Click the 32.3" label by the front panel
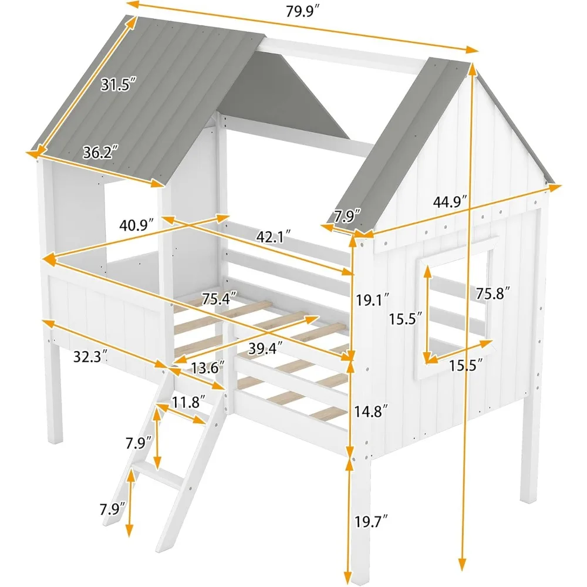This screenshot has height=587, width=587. [x=89, y=356]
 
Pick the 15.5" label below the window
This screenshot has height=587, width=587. [x=467, y=367]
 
